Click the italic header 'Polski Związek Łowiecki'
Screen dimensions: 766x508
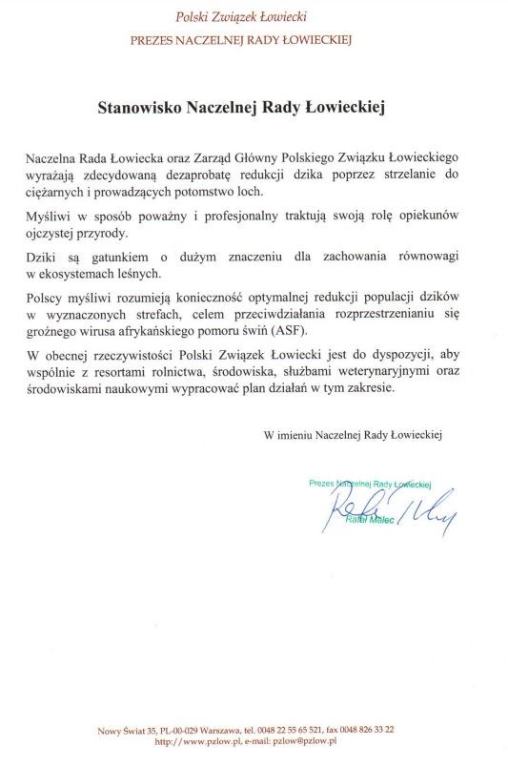[x=253, y=17]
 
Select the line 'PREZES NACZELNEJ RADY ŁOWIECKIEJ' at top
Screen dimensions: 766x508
[x=254, y=40]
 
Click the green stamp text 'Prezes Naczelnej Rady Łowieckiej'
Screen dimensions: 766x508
[x=371, y=483]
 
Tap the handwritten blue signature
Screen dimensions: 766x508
[x=391, y=516]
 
